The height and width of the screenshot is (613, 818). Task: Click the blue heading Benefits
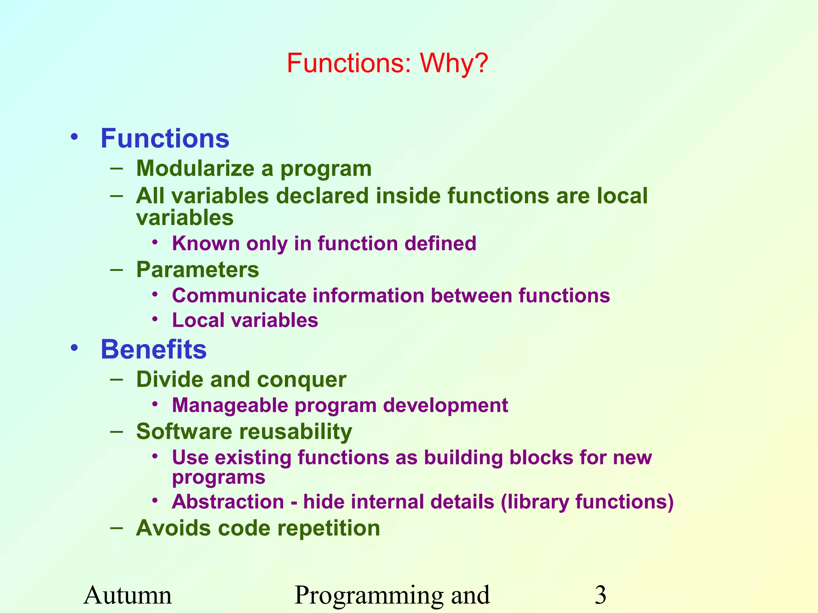(x=153, y=350)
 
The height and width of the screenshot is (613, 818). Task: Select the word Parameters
(x=197, y=270)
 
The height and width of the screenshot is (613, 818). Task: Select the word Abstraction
(x=228, y=502)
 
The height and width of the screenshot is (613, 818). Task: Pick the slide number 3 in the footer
(x=600, y=595)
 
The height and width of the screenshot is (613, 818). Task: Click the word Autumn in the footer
(x=127, y=595)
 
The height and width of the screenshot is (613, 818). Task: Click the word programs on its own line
(x=218, y=478)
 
